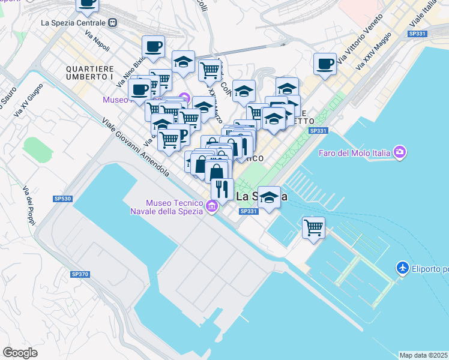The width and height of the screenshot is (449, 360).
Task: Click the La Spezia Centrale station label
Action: pos(73,23)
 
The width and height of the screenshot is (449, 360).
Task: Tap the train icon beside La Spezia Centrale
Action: pos(113,23)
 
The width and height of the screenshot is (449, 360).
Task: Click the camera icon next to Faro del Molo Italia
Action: pos(400,152)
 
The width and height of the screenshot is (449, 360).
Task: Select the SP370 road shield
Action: pos(80,274)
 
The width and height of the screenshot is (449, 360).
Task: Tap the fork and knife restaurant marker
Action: pos(222,189)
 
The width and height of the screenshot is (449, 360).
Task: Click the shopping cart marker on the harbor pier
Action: pos(313,227)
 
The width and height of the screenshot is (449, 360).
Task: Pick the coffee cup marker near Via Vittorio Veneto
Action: pos(325,64)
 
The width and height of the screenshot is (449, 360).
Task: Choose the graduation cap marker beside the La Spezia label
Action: pos(269,197)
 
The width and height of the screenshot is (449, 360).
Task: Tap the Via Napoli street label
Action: pos(97,41)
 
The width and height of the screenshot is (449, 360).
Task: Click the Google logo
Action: pos(20,353)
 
